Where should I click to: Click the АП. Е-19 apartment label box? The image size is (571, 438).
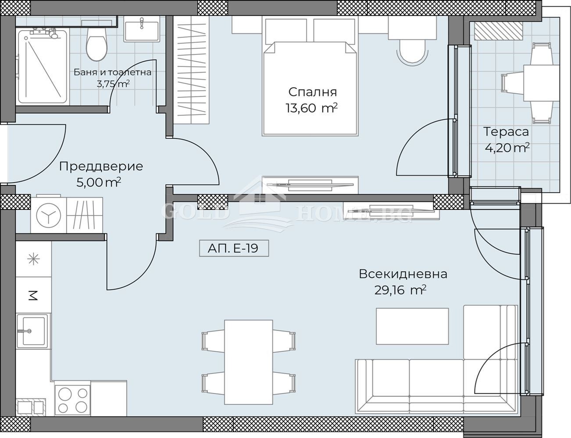[234, 248]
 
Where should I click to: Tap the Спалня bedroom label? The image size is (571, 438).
[312, 92]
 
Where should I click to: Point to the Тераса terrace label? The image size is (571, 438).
[506, 131]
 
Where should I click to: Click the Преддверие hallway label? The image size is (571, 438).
[101, 166]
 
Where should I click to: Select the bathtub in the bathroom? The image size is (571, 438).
[43, 67]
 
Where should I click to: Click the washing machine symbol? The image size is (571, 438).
[49, 215]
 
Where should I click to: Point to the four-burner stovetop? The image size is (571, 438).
[73, 400]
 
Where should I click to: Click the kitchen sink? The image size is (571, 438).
[32, 331]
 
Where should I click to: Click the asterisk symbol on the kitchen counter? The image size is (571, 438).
[34, 259]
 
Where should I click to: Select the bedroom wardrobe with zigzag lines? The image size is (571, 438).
[191, 70]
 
